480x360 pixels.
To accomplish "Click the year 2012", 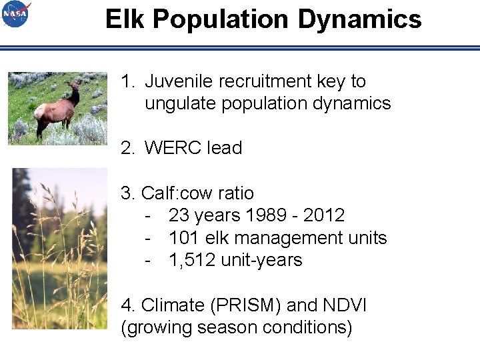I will point(323,215).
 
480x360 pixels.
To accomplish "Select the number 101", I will point(184,238).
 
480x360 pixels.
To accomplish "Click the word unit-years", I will point(261,260).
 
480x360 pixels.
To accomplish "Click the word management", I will point(283,238).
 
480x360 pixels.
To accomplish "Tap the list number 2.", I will point(127,148).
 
